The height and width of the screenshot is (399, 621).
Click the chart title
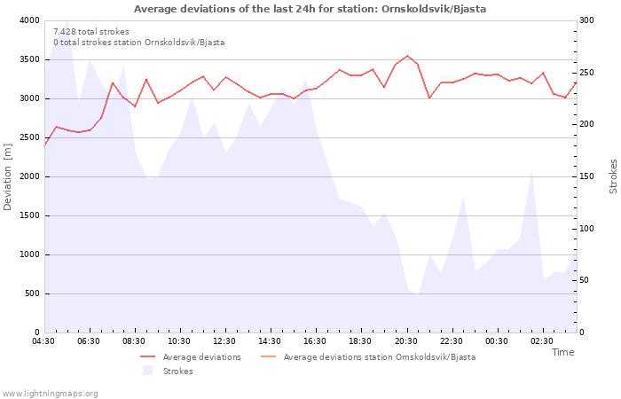point(310,9)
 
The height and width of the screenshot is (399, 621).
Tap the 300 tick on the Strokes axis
point(588,20)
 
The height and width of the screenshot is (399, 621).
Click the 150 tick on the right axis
point(588,176)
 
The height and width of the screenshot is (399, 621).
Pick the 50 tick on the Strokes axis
point(586,280)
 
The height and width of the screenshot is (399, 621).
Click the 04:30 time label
point(44,341)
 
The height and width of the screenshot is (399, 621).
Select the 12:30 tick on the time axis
point(224,341)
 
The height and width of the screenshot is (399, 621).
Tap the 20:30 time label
point(406,341)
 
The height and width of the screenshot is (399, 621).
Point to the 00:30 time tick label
point(497,341)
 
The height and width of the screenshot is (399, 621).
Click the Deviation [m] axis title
point(8,176)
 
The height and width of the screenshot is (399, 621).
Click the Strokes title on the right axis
point(613,176)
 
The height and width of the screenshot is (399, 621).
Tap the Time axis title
point(562,352)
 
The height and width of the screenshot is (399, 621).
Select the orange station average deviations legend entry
point(379,357)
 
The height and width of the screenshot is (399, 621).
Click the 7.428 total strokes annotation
point(91,31)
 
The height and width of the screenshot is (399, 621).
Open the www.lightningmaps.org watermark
point(50,393)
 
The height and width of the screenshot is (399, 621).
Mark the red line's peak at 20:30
point(407,56)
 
